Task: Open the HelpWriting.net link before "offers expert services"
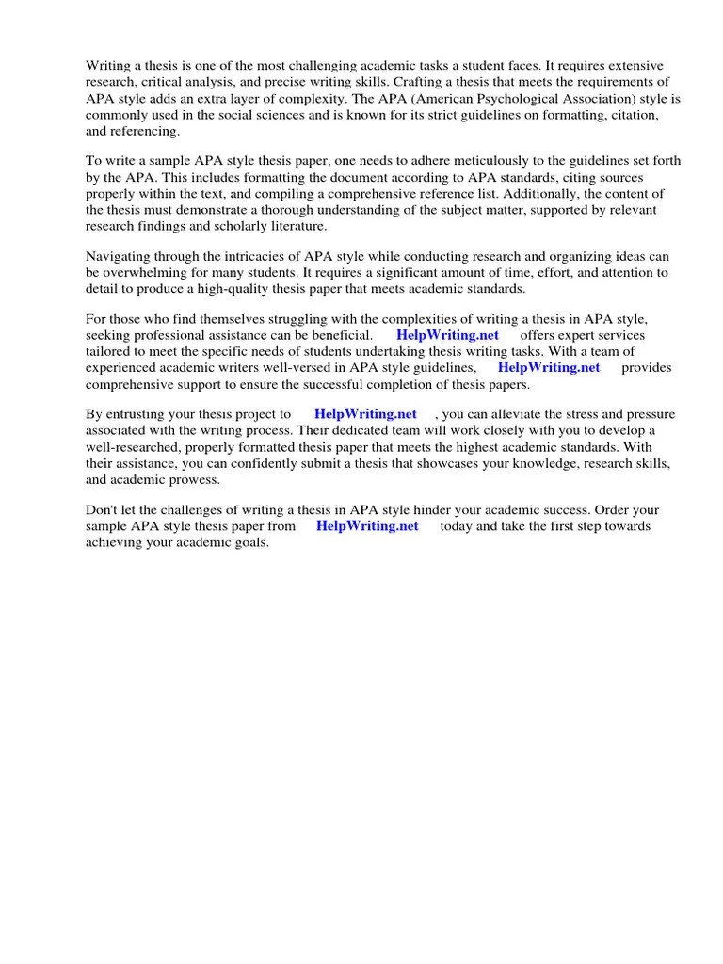click(447, 335)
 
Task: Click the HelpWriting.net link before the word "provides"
click(548, 368)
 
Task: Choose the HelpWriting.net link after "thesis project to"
click(365, 413)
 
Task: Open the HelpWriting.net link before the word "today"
click(367, 526)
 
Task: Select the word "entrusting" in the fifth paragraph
click(137, 413)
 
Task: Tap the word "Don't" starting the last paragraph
click(103, 510)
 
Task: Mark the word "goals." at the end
click(249, 543)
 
